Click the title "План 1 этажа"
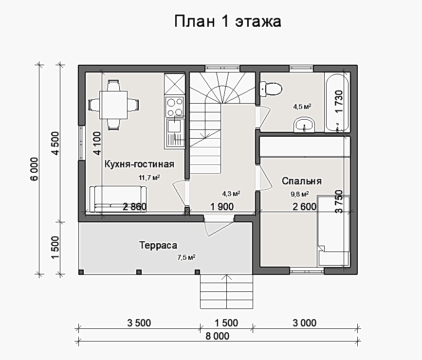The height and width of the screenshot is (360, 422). coord(228,21)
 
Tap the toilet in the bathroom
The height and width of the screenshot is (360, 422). coord(271,89)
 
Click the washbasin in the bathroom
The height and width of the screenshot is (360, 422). coord(304,125)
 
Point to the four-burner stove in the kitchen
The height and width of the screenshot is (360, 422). coord(174,107)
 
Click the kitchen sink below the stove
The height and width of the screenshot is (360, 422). coord(174,133)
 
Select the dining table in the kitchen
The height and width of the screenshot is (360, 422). coord(113,105)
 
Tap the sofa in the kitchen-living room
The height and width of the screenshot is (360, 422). coord(118,199)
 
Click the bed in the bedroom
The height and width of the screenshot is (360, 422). coord(334,231)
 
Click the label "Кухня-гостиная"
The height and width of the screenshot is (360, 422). coord(139,164)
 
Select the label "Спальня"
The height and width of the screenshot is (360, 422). coord(302,181)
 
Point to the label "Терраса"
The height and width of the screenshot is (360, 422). coord(158,245)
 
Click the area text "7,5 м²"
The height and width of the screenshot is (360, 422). coord(186,257)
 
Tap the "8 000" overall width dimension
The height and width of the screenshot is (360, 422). coord(218,336)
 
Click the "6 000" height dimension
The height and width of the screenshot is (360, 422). coord(35,169)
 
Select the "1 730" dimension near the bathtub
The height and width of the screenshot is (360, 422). coord(339,102)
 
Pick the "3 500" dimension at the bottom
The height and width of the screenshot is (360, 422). coord(139,323)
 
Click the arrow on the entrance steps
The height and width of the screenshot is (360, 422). coord(227,291)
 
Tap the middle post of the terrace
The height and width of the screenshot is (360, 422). coord(139,272)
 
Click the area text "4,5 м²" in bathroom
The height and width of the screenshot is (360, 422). coord(302,107)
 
